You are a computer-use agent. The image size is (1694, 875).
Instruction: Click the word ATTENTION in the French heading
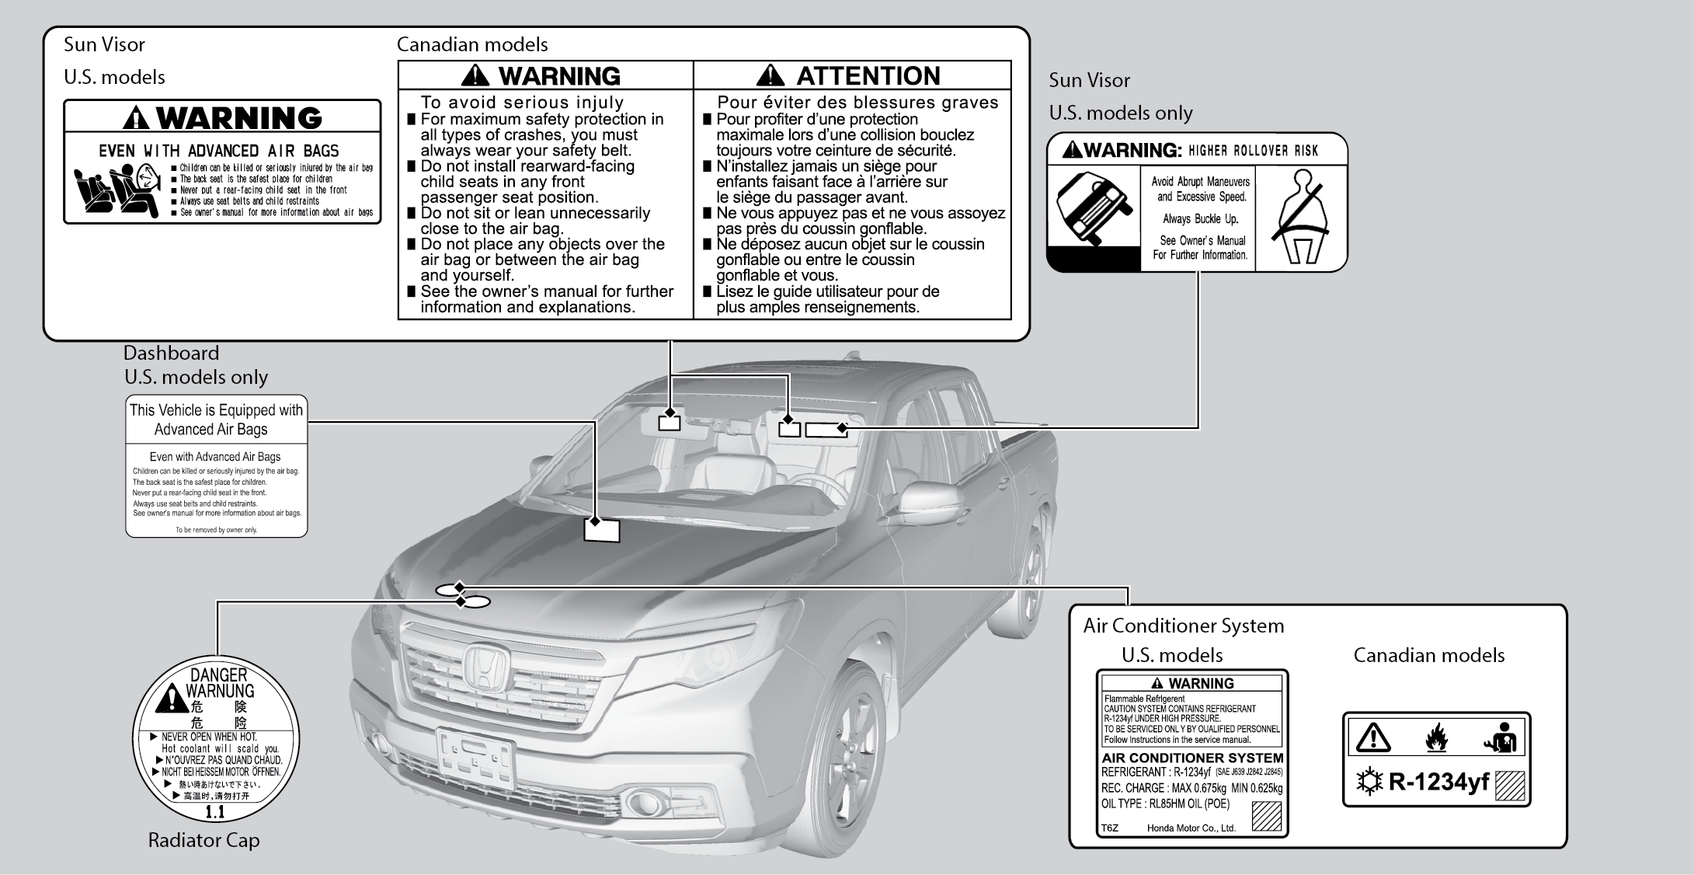click(x=868, y=76)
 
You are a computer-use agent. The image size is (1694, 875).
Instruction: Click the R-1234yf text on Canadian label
click(x=1438, y=782)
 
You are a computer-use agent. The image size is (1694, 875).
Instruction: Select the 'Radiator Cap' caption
click(x=203, y=840)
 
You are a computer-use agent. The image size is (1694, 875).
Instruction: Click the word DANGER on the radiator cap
click(x=218, y=675)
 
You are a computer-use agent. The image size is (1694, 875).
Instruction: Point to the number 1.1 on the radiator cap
click(x=214, y=812)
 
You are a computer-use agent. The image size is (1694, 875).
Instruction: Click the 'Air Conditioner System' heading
click(x=1183, y=626)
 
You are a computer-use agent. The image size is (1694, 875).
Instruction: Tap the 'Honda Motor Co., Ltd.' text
click(x=1191, y=828)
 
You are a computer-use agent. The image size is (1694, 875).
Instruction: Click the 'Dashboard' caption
click(x=171, y=353)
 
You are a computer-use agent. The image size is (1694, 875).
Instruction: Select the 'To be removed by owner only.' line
click(x=216, y=530)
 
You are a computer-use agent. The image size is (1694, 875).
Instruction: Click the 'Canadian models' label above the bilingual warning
click(x=472, y=44)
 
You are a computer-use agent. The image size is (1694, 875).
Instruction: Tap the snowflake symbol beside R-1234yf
click(x=1369, y=782)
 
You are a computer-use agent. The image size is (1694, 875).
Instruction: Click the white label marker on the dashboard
click(x=602, y=530)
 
